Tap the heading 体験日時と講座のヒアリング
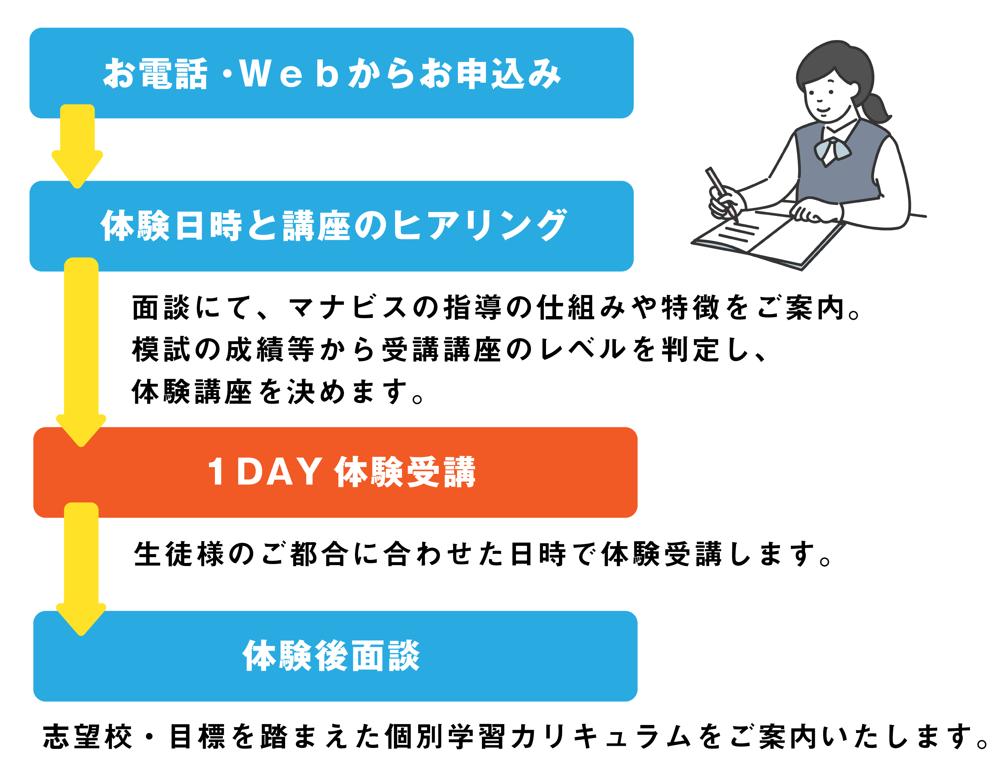click(x=333, y=226)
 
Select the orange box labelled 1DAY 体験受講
click(x=335, y=472)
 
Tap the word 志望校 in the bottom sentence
click(x=88, y=737)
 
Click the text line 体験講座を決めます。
click(x=277, y=392)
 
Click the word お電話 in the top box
click(x=155, y=74)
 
